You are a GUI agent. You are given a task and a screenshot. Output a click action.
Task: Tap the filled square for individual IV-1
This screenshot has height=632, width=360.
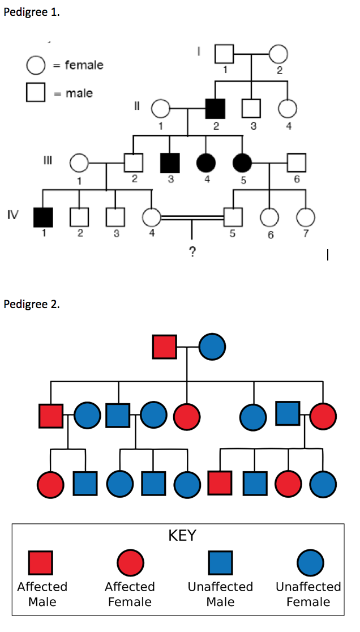[x=43, y=216]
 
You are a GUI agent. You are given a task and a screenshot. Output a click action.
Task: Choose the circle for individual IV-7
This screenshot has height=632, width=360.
[x=306, y=217]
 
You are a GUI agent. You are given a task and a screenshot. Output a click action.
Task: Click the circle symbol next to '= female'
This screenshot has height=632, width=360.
[x=36, y=65]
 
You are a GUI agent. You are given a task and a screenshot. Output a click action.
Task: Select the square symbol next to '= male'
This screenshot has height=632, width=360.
[x=36, y=93]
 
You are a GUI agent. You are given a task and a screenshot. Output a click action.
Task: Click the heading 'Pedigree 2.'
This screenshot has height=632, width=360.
[x=31, y=304]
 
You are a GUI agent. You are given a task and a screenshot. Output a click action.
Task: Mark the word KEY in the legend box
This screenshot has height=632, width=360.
[x=182, y=535]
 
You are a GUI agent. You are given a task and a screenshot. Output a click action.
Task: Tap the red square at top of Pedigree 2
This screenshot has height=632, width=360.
[x=165, y=346]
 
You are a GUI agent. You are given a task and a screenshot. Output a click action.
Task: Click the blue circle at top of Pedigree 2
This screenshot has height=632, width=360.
[x=212, y=346]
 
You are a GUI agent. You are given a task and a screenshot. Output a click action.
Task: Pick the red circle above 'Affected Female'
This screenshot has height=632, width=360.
[x=130, y=562]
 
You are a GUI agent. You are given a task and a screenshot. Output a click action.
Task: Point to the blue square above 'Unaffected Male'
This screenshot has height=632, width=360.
[x=220, y=562]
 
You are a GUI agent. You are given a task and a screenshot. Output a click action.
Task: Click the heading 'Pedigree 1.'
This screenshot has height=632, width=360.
[x=31, y=12]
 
